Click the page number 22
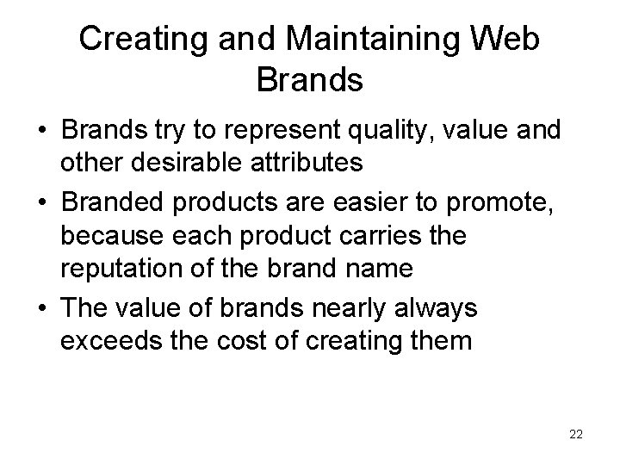pos(576,435)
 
